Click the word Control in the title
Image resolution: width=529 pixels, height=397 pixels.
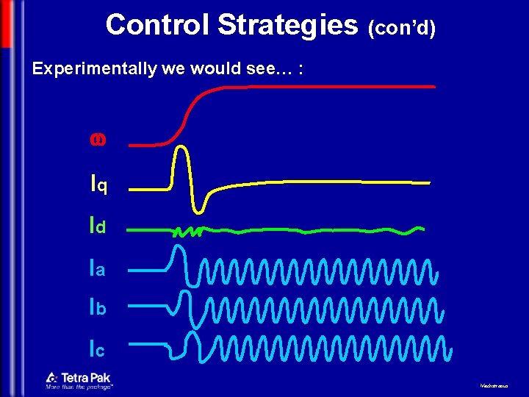tap(157, 25)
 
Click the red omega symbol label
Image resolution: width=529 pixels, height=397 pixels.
tap(96, 139)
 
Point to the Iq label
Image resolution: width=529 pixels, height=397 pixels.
tap(98, 185)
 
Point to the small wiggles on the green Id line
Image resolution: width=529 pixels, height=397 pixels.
tap(187, 232)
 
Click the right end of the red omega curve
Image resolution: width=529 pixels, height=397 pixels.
tap(433, 87)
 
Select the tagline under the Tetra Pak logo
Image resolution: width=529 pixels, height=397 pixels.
tap(79, 387)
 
